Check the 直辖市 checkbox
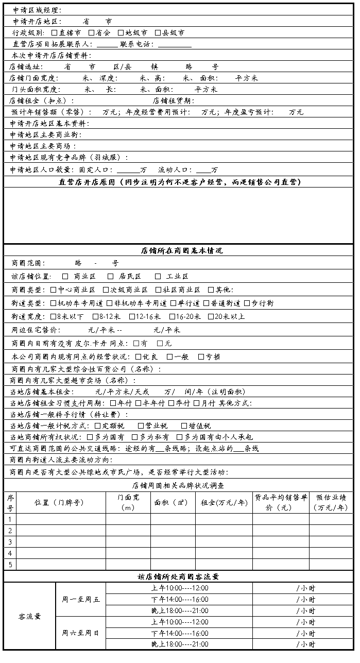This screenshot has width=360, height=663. coord(54,33)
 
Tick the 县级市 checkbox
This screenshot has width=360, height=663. coord(158,33)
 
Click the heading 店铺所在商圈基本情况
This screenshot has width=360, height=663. coord(181,251)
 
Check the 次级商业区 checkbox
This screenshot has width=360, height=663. coord(106,290)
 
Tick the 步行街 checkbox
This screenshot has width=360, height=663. coord(247,303)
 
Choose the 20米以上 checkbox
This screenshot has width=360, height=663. coord(211,317)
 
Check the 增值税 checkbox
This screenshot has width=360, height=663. coord(184,426)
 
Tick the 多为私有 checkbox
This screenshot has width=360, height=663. coord(135,437)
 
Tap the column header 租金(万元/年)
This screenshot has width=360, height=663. coord(224,502)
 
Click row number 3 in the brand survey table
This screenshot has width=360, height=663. coord(10,542)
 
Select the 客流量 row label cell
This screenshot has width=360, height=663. coord(29,616)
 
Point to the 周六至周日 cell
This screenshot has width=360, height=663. coord(80,633)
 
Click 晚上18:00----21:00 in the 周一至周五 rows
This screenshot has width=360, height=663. coord(179,611)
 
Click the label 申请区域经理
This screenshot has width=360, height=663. coord(37,10)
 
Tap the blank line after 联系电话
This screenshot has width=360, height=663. coord(175,44)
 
